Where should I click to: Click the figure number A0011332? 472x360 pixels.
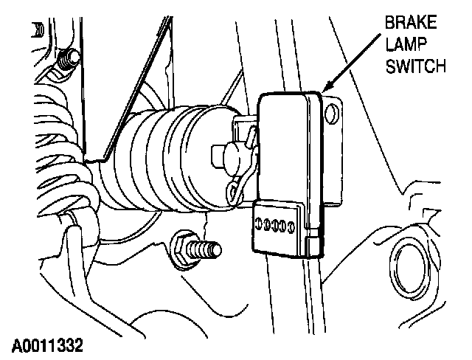(47, 345)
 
